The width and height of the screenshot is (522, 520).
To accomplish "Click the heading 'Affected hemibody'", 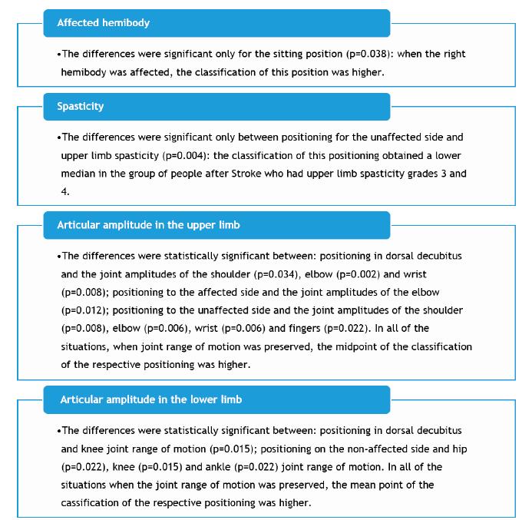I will (x=103, y=23).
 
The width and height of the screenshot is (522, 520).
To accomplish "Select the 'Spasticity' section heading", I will (x=80, y=107).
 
